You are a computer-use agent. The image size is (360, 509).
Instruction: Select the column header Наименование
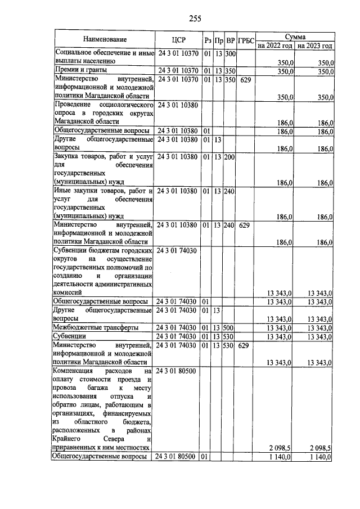(105, 39)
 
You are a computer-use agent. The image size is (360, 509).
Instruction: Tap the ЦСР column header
(178, 39)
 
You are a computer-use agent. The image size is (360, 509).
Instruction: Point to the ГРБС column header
(246, 40)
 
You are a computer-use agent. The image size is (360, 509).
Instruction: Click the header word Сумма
(295, 35)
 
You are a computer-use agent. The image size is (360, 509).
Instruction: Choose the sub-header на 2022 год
(275, 45)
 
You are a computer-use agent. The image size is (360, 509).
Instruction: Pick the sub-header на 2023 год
(314, 45)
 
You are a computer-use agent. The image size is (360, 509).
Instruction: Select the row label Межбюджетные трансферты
(96, 327)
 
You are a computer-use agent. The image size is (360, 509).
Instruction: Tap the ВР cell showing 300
(229, 54)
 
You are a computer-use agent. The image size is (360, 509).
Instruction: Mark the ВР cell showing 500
(229, 327)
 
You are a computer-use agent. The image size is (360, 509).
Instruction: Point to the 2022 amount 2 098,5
(281, 448)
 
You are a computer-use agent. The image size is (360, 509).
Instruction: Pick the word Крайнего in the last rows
(69, 439)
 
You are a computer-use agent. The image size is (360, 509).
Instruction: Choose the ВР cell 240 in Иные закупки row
(229, 191)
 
